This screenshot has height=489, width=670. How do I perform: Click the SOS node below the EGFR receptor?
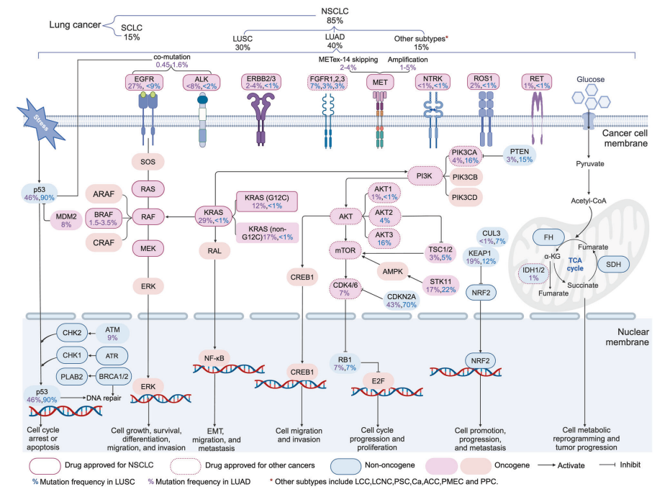click(x=148, y=162)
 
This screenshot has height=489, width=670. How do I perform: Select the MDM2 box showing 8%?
click(x=66, y=220)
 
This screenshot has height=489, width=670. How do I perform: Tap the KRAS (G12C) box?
click(x=266, y=201)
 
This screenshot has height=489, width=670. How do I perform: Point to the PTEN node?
click(x=519, y=155)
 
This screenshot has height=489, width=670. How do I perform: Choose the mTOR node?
click(x=345, y=250)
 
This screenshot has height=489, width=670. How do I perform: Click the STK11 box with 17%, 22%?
click(x=441, y=285)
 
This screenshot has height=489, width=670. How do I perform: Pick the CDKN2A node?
click(x=402, y=301)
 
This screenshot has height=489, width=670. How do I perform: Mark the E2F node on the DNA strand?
click(x=378, y=380)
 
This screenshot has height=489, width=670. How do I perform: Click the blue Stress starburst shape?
click(x=41, y=122)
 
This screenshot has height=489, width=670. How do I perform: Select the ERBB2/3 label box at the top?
click(x=261, y=82)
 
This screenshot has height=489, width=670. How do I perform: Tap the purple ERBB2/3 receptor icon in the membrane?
click(x=261, y=119)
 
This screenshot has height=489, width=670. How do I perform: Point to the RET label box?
click(x=537, y=82)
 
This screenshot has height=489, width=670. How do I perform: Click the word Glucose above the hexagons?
click(x=591, y=79)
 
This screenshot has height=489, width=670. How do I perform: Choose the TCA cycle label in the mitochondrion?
click(x=575, y=264)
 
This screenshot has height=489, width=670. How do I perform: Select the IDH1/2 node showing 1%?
click(x=534, y=274)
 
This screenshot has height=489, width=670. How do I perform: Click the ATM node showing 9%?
click(x=112, y=334)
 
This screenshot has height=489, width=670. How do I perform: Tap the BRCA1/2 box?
click(x=113, y=377)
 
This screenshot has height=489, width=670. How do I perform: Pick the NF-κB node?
click(x=214, y=358)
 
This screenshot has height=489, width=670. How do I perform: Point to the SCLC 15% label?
click(x=132, y=32)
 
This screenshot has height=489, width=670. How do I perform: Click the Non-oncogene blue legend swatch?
click(x=345, y=465)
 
